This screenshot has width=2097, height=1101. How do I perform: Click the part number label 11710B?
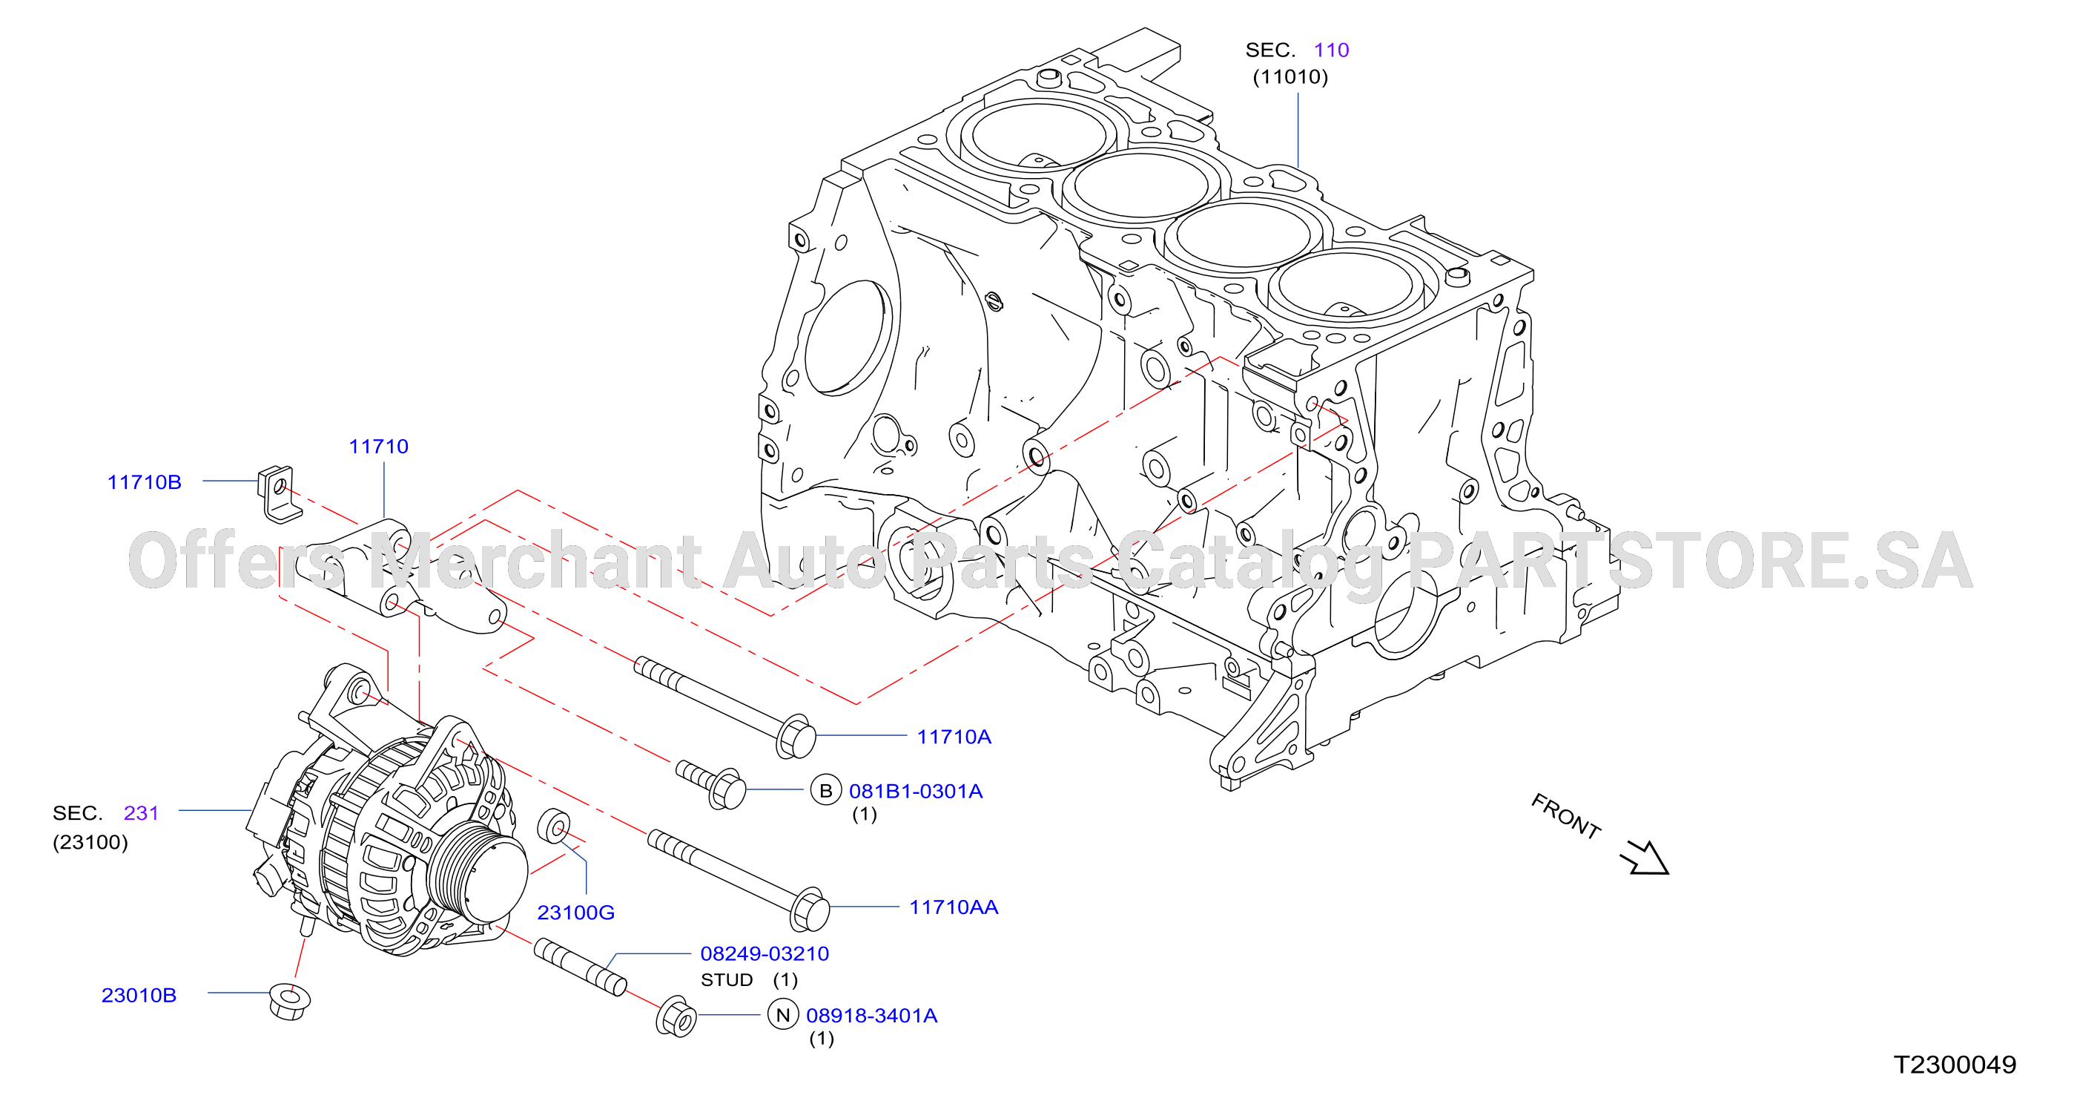[144, 482]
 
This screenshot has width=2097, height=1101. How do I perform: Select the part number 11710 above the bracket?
[378, 447]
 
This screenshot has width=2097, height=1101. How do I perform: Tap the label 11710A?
[954, 737]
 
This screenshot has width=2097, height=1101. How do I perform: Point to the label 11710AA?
[954, 907]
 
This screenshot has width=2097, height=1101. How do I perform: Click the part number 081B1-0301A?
[916, 791]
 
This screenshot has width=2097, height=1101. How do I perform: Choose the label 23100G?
[575, 913]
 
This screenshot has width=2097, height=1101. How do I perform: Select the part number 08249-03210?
[765, 953]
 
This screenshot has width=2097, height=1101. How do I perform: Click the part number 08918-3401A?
[872, 1016]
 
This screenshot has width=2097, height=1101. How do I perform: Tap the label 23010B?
[139, 995]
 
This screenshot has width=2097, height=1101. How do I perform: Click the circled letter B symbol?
[825, 790]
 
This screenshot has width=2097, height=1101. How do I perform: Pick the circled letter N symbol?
[783, 1015]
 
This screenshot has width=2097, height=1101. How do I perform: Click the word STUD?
[727, 979]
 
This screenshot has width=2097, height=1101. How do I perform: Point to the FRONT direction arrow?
[1645, 858]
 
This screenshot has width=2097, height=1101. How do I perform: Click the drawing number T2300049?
[1955, 1065]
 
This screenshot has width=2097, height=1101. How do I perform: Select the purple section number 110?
[1332, 50]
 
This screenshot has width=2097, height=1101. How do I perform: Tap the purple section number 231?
[141, 812]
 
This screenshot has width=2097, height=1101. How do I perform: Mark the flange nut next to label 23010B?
[290, 1002]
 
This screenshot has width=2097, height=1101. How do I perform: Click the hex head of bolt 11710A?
[797, 737]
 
